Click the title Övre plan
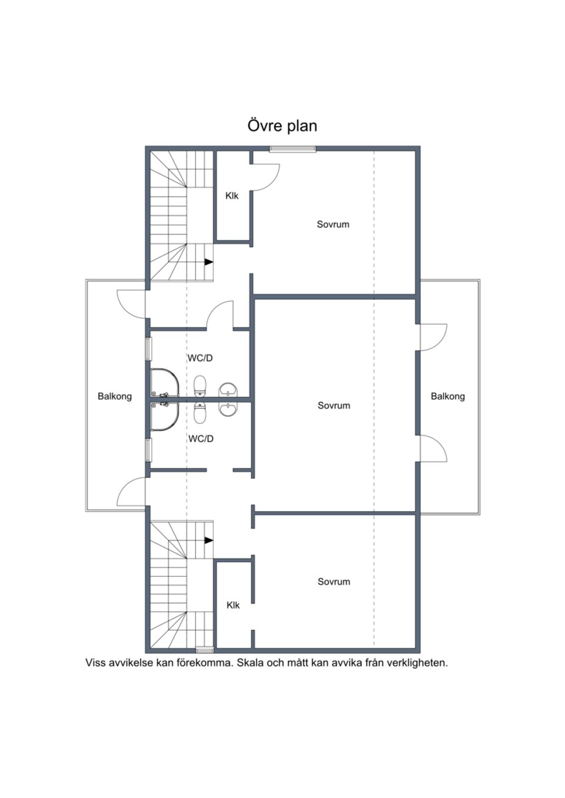[282, 126]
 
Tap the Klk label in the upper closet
[232, 196]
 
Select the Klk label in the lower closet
[233, 605]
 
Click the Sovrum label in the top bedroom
[333, 224]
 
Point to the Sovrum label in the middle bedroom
[334, 405]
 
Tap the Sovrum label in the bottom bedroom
[334, 582]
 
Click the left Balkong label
[115, 396]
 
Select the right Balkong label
[448, 396]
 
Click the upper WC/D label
[200, 358]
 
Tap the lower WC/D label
[201, 439]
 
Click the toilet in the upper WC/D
[200, 386]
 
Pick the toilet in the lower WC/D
[200, 413]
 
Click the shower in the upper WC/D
[164, 383]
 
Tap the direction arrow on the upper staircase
[209, 262]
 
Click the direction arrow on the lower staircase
[209, 540]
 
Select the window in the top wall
[293, 149]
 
